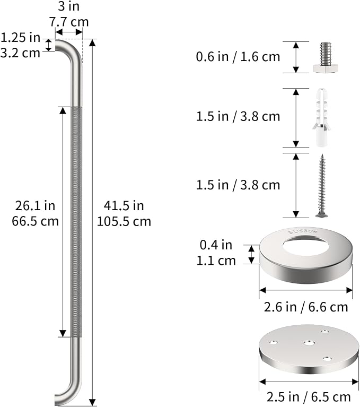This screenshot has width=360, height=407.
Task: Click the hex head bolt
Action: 326,58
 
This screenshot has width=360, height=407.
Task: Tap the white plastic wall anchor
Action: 321,117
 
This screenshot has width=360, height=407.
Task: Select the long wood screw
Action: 322,185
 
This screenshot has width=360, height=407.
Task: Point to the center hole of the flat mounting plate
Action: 309,343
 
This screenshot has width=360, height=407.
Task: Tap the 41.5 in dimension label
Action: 124,206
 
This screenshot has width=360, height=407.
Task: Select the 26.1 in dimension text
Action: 35,206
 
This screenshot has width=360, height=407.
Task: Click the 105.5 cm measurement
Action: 124,221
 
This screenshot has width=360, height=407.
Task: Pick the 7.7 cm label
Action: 69,22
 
